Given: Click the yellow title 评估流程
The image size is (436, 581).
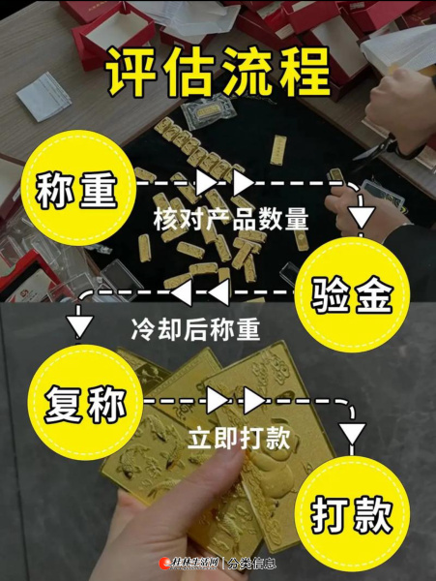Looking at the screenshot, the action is [218, 72].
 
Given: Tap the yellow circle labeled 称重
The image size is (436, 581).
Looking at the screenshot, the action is [77, 188].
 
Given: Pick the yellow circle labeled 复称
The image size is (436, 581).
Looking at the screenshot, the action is [85, 403].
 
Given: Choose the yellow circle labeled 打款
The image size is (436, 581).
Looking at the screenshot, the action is [352, 515].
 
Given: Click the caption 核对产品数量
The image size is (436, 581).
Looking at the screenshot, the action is [231, 220].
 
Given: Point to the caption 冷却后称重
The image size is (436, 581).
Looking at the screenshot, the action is [195, 329].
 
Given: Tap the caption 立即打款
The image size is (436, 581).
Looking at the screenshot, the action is [239, 439].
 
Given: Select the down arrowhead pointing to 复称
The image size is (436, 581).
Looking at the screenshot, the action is [78, 326].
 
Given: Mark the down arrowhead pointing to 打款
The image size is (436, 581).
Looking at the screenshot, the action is [352, 433].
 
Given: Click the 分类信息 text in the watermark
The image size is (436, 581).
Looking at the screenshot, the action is [251, 564].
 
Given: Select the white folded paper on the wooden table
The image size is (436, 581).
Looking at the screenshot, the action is [44, 96].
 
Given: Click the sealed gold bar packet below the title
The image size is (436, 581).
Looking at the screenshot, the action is [208, 110].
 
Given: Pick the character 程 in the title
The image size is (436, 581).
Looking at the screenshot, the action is [305, 72].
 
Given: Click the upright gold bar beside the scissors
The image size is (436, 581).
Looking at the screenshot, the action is [278, 150].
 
